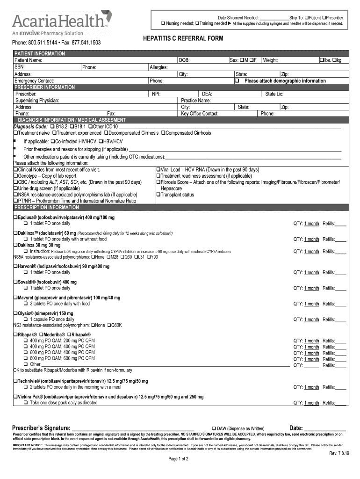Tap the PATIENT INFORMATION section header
tap(40, 54)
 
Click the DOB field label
tap(184, 60)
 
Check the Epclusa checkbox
tap(15, 218)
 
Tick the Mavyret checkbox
tap(15, 298)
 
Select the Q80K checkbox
tap(109, 325)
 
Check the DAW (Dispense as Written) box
tap(214, 428)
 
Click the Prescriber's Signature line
tap(133, 428)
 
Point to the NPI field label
tap(156, 94)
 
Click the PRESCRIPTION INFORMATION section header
tap(46, 207)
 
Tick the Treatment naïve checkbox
tap(15, 133)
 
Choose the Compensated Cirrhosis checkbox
tap(163, 133)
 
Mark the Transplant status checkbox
tap(158, 195)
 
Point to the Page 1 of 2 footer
tap(178, 472)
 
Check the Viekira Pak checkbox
tap(15, 397)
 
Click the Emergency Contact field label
tap(34, 81)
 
